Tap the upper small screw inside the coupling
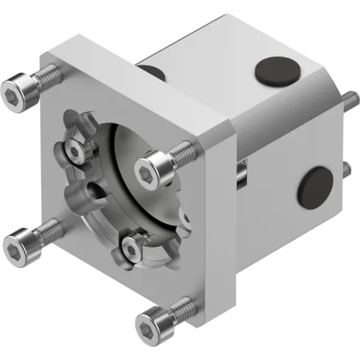point(74,151)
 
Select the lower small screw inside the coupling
point(131,251)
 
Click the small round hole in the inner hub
point(93,189)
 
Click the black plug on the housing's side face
point(315,185)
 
